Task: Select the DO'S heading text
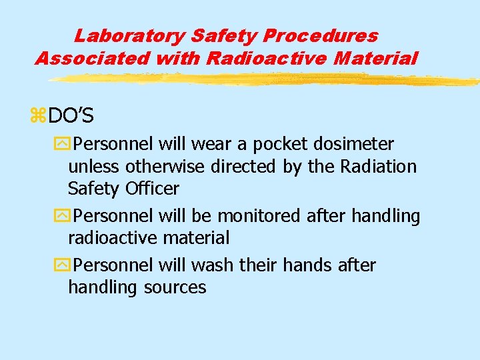pyautogui.click(x=71, y=117)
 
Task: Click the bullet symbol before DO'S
pyautogui.click(x=37, y=117)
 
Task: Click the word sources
pyautogui.click(x=175, y=288)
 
